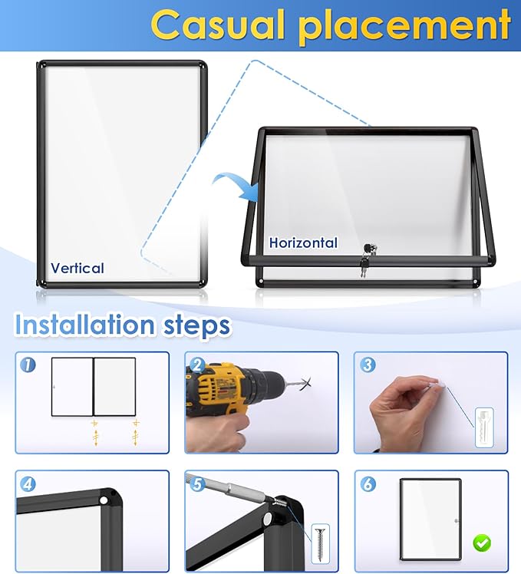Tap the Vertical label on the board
point(77,268)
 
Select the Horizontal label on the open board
point(303,242)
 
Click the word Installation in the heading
point(84,325)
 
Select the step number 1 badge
point(28,365)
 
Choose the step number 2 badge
point(198,365)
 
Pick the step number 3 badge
point(368,365)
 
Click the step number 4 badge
point(28,484)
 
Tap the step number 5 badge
point(198,484)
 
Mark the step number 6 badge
point(368,484)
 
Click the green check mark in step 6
point(482,543)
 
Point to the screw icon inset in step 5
point(321,543)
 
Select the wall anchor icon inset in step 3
point(484,427)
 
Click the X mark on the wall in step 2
point(305,384)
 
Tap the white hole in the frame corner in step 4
point(104,500)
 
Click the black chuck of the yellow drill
point(266,385)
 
